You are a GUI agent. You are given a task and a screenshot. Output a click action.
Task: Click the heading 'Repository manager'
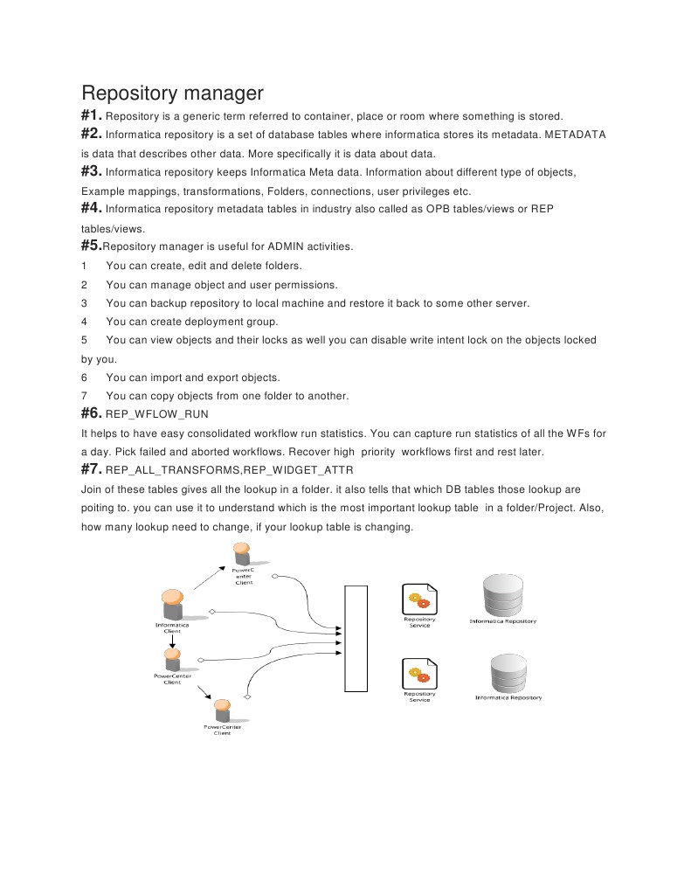[172, 93]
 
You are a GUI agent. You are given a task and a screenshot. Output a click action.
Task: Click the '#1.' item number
[92, 115]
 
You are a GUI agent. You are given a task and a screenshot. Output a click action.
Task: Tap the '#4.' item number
[92, 209]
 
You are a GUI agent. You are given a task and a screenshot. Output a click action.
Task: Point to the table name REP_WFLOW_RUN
[156, 414]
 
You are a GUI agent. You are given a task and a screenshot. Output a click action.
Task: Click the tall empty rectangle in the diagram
[356, 639]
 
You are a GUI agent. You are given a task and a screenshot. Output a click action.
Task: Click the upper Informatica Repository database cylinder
[503, 595]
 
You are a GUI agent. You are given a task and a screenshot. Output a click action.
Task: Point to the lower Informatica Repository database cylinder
[508, 672]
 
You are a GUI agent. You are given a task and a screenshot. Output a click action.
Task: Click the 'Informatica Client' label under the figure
[172, 627]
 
